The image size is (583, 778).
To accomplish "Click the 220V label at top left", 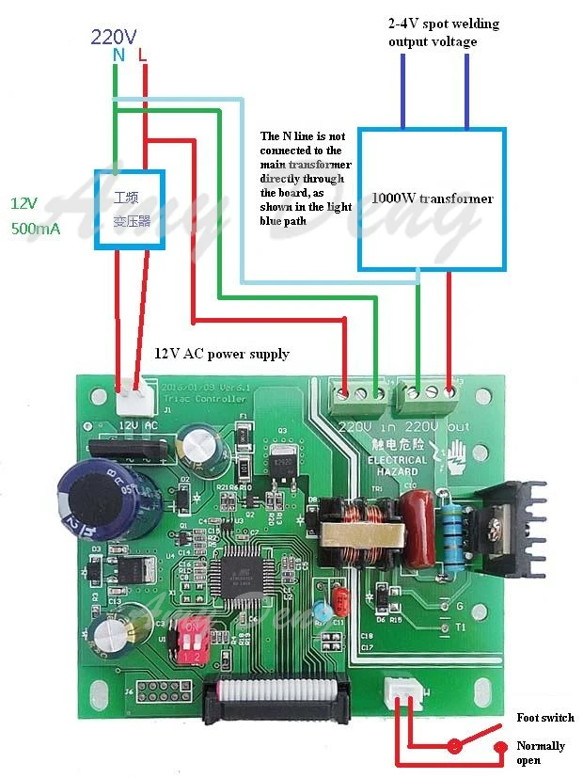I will coord(114,38).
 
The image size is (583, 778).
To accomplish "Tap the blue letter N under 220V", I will coord(118,56).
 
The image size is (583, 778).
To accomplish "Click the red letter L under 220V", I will coord(143,56).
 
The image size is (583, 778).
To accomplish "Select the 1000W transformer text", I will coord(432,198).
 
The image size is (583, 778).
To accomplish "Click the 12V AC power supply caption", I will coord(222,354).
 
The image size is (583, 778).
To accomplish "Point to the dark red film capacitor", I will coord(415,519).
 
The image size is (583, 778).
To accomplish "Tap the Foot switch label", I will coord(544,718).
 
